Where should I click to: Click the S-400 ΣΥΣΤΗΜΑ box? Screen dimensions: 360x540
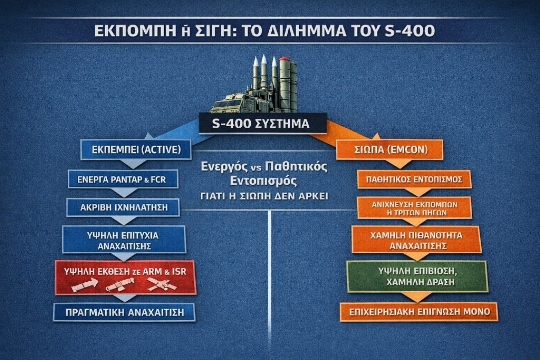pyautogui.click(x=263, y=123)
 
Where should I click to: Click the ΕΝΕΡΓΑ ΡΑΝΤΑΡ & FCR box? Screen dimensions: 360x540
pyautogui.click(x=123, y=179)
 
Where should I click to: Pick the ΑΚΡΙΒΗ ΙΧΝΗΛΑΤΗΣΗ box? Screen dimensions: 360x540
pyautogui.click(x=124, y=207)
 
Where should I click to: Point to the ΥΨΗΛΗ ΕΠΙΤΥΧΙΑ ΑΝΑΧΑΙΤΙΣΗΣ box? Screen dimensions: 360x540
pyautogui.click(x=124, y=239)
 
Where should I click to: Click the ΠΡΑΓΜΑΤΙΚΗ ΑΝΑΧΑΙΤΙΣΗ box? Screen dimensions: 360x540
pyautogui.click(x=123, y=313)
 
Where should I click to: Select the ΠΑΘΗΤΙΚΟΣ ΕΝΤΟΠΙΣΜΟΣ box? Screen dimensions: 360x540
pyautogui.click(x=414, y=179)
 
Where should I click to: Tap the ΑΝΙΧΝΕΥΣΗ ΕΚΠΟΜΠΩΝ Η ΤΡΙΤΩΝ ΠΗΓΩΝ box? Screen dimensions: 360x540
pyautogui.click(x=414, y=208)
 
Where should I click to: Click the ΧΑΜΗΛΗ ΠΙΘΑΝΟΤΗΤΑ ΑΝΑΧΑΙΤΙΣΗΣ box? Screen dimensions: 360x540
pyautogui.click(x=417, y=240)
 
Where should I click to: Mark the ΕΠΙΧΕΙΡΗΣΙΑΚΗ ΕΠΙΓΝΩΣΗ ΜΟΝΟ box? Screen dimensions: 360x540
pyautogui.click(x=419, y=312)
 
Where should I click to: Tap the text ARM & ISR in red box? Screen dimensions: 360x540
pyautogui.click(x=160, y=271)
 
